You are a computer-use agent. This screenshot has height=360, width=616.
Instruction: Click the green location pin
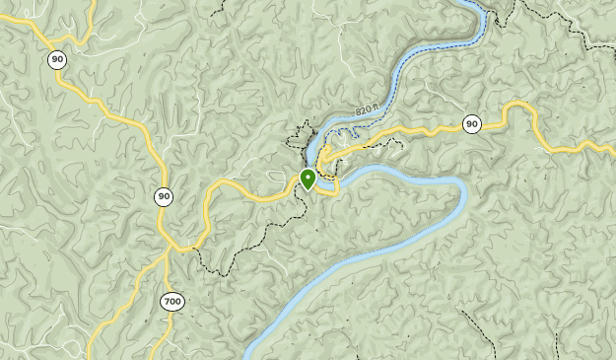(308, 179)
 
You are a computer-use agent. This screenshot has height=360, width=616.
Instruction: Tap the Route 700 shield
(173, 301)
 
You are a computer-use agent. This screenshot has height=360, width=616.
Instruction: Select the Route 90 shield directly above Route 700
(164, 196)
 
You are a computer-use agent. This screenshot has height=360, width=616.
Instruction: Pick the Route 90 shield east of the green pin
(472, 123)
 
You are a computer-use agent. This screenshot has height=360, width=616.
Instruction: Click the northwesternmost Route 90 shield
(57, 60)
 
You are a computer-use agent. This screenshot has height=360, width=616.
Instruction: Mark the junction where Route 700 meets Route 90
(170, 247)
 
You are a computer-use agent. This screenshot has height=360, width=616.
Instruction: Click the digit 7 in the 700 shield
(168, 301)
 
